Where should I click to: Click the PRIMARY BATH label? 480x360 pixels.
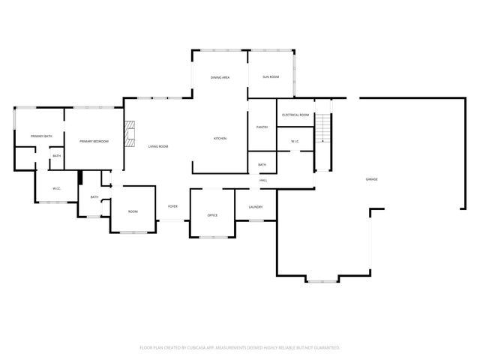coord(41,136)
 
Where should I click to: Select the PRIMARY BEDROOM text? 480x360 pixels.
coord(94,141)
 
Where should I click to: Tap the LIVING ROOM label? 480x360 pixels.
coord(157,146)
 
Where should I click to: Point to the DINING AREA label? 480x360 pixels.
coord(220,77)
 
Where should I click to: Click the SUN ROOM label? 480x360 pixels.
coord(271,77)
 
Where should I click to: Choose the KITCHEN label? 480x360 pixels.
coord(220,139)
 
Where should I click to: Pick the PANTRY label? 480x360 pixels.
coord(262,127)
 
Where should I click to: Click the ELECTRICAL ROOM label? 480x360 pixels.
coord(295,115)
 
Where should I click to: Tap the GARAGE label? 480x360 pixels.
coord(371,179)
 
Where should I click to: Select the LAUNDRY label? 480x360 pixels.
coord(254,206)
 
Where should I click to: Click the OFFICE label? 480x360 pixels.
coord(212,215)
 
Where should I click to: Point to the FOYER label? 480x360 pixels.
coord(172,206)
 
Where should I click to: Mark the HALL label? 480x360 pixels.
coord(263,181)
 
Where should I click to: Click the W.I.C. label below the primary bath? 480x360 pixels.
coord(56,188)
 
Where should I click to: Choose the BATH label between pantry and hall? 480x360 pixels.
coord(262,165)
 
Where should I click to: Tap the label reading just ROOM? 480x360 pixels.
coord(133,211)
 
